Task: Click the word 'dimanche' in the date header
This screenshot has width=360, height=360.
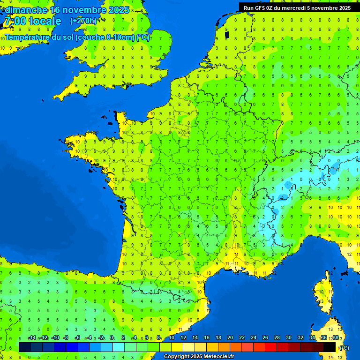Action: [x=26, y=10]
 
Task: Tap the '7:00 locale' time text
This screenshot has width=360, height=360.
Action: [x=32, y=21]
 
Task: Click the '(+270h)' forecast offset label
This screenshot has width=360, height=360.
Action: [x=83, y=21]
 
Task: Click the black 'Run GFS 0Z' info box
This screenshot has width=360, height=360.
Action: [x=299, y=7]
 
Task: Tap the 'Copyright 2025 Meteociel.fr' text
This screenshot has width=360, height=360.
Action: [x=199, y=356]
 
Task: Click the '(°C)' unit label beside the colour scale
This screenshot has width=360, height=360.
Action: [x=344, y=347]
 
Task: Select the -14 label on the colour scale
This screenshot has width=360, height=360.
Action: [x=32, y=338]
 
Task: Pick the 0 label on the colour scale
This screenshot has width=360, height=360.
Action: [x=112, y=338]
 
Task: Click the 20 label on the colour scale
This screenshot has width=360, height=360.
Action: [x=230, y=338]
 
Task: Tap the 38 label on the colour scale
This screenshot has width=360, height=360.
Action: [x=335, y=338]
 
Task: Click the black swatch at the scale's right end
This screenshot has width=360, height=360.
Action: [x=330, y=347]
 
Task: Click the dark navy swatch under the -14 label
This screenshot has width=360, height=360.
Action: [x=25, y=347]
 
